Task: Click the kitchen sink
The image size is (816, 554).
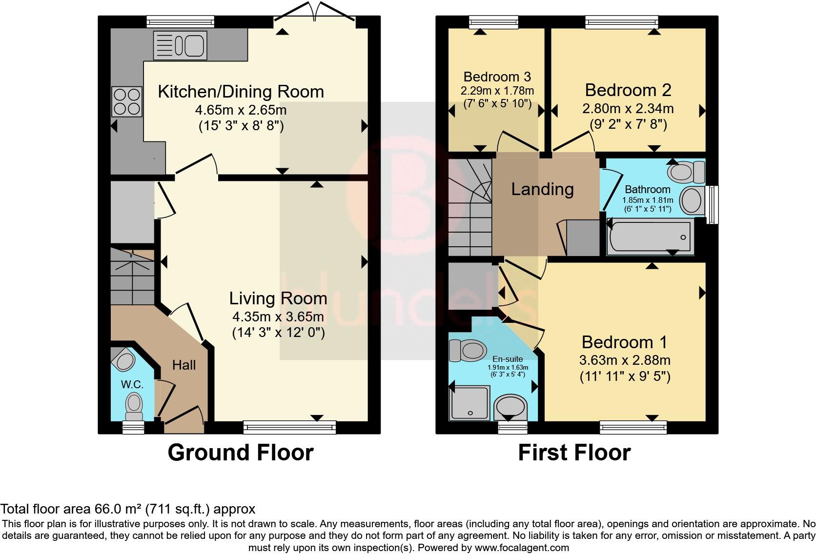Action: point(180,45)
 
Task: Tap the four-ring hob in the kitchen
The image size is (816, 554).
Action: point(127,101)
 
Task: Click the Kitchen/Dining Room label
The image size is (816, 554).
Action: point(241,92)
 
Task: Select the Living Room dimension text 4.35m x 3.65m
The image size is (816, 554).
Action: point(278,317)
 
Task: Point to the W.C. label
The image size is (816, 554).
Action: point(132,384)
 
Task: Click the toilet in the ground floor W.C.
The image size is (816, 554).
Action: point(134,407)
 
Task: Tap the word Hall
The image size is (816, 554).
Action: point(184,365)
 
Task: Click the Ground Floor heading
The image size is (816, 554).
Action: point(241,453)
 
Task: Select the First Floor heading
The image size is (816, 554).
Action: point(574,453)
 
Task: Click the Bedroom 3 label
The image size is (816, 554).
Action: point(497,77)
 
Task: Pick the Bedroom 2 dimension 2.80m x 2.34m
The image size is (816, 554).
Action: point(628,108)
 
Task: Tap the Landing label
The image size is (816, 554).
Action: point(542,189)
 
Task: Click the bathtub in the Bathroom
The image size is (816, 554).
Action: point(650,236)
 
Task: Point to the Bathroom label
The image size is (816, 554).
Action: point(647,189)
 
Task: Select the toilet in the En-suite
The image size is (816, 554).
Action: point(468,350)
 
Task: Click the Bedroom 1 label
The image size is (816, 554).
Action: point(624,342)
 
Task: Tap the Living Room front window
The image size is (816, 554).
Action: point(289,427)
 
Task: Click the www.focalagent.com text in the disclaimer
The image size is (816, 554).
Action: point(522,548)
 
